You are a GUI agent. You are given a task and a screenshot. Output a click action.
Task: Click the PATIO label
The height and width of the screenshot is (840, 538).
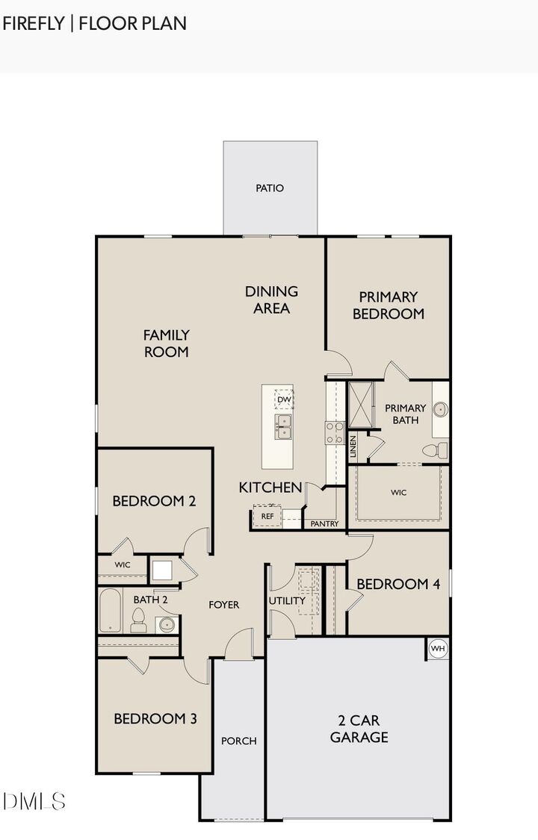tap(270, 188)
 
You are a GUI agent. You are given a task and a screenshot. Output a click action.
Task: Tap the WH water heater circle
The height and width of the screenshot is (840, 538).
tap(437, 649)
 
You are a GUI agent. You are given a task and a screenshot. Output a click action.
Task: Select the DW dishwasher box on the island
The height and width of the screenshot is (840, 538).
tap(283, 400)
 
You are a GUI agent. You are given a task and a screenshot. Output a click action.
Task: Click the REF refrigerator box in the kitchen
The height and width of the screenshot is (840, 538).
tap(267, 516)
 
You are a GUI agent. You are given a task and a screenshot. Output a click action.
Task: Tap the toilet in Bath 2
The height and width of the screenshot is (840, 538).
tap(138, 620)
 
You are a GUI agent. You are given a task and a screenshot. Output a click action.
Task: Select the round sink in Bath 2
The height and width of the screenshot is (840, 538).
tap(166, 624)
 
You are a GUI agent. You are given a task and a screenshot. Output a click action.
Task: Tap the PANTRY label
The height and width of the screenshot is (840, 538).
tap(324, 523)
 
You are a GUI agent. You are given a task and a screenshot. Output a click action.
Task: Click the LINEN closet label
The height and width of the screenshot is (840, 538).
tap(353, 447)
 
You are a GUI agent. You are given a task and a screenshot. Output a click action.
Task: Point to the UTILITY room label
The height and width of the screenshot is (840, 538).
tap(287, 600)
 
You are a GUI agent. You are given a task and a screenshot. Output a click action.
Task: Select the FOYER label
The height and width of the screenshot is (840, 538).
tap(223, 604)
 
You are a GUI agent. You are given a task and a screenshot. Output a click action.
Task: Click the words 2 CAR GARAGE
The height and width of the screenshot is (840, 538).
tap(359, 729)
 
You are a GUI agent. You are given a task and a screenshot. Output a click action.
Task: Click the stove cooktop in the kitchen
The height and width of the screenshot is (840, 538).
tap(334, 432)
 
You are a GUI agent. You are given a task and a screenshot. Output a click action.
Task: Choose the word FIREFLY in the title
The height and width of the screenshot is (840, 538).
tap(34, 23)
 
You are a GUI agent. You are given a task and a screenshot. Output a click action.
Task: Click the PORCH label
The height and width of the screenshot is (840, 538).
tap(238, 741)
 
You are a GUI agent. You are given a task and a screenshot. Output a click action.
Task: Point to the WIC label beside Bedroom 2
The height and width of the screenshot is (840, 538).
tap(123, 564)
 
